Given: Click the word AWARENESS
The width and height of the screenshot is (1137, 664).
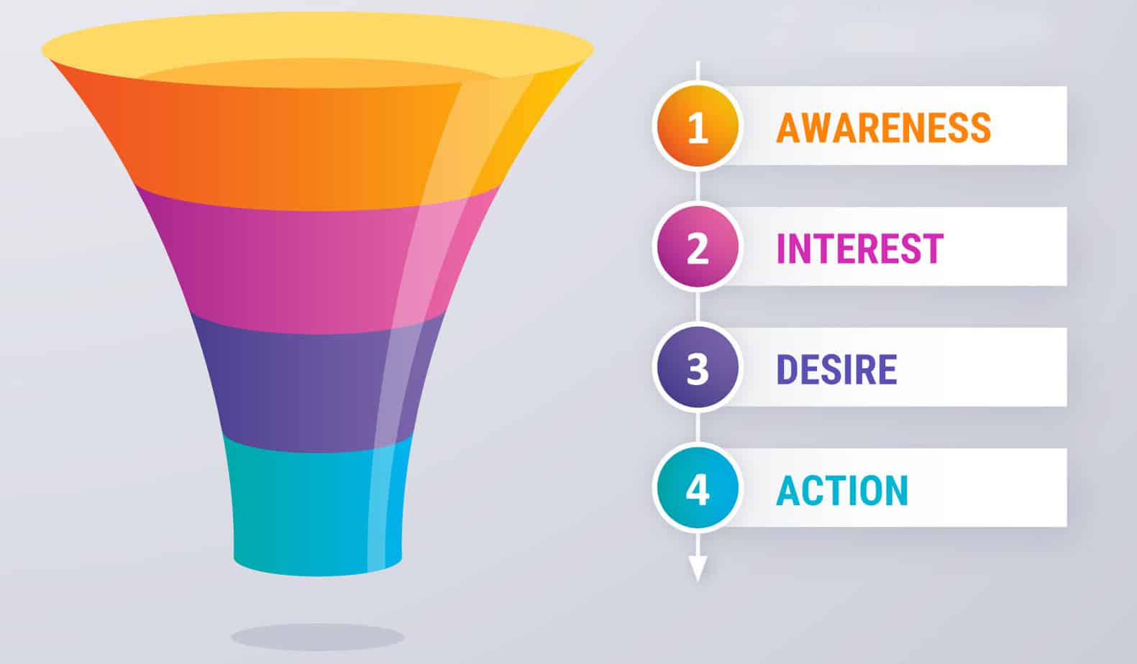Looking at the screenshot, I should click(x=883, y=128).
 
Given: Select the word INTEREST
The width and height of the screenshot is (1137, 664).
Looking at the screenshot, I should click(x=859, y=249).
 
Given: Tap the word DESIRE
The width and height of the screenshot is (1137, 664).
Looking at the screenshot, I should click(x=836, y=369).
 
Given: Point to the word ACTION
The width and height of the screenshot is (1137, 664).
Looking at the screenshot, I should click(x=842, y=490).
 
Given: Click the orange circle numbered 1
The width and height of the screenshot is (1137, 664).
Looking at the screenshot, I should click(x=696, y=127).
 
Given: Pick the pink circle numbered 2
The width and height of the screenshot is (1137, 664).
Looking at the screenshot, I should click(x=696, y=248).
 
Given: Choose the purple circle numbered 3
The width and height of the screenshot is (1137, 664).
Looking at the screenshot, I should click(x=696, y=369).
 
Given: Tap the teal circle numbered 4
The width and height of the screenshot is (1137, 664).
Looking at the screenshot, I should click(x=696, y=489).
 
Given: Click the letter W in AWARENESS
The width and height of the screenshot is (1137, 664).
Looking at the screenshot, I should click(x=818, y=128).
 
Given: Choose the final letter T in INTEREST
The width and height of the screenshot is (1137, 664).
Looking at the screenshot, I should click(x=933, y=249).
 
